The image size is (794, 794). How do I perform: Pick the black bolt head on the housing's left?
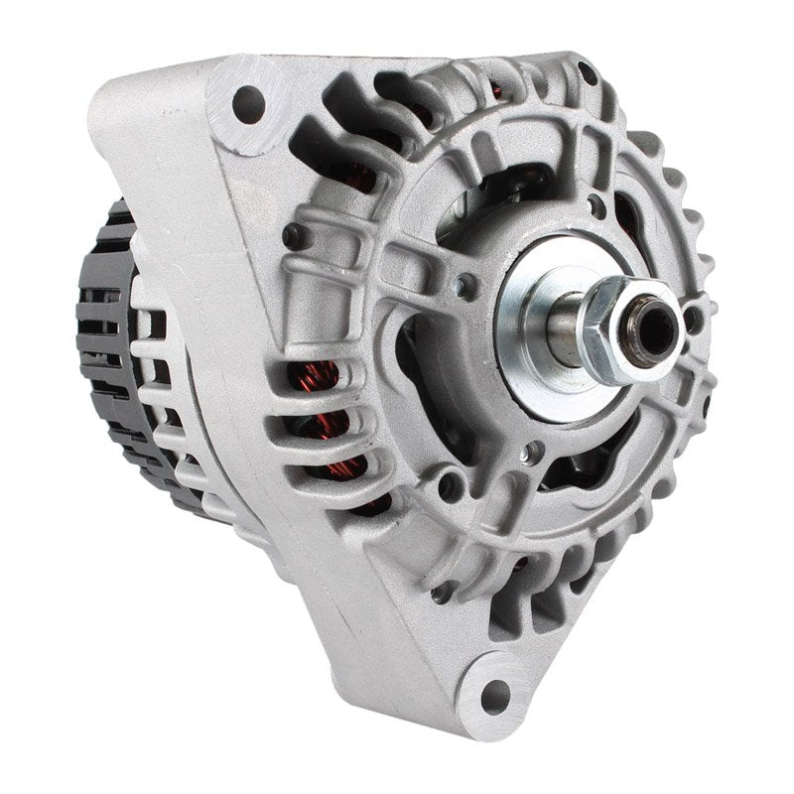point(293,236)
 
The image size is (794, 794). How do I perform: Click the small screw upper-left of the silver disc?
point(463,288)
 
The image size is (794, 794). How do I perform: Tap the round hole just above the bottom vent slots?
point(452,486)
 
